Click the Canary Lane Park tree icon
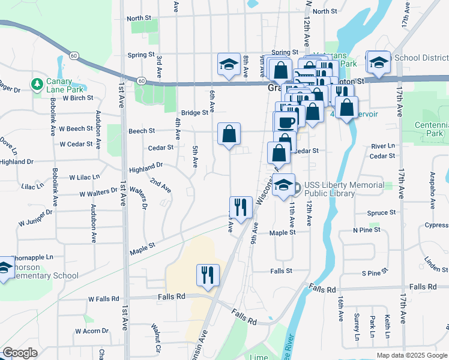click(x=36, y=83)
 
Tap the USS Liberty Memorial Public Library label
click(x=344, y=189)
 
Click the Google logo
click(x=20, y=353)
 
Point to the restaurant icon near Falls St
click(x=208, y=275)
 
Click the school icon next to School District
click(x=379, y=62)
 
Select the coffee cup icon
click(x=286, y=122)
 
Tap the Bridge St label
click(x=194, y=112)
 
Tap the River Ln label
click(x=383, y=146)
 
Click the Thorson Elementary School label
click(x=42, y=271)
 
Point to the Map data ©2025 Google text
click(x=411, y=355)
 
